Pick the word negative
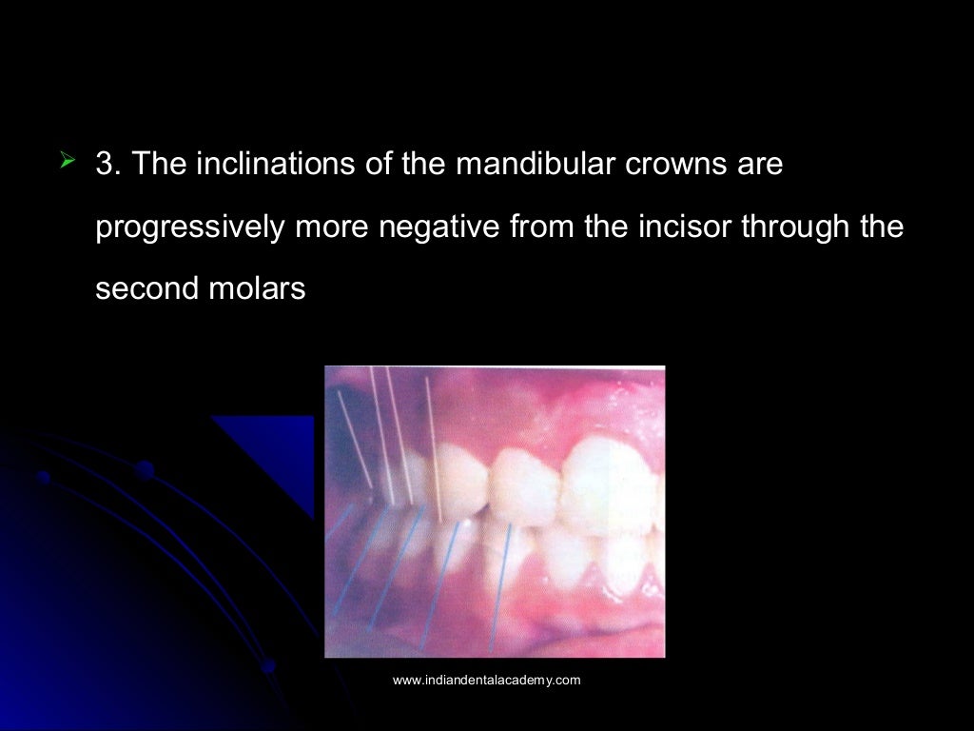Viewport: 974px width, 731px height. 438,228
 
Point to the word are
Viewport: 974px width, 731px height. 757,165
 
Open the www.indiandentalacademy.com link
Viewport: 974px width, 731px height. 486,681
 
